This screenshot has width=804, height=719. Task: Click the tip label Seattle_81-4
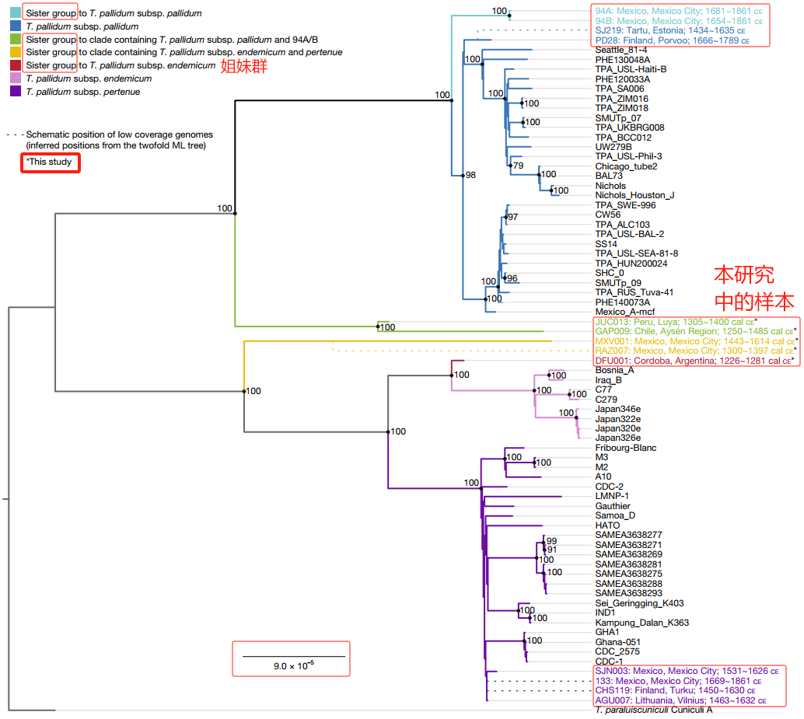(621, 50)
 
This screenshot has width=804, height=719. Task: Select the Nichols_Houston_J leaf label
(634, 195)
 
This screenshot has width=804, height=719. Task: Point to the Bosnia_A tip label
(614, 370)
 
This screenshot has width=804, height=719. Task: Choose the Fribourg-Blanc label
(626, 448)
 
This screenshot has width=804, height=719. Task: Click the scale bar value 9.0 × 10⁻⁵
(293, 665)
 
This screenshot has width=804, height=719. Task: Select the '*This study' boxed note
(49, 162)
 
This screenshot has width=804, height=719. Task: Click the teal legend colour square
(16, 14)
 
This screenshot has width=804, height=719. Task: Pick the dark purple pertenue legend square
(16, 92)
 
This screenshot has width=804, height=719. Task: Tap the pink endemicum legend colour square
(16, 79)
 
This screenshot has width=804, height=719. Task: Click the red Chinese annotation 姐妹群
(244, 67)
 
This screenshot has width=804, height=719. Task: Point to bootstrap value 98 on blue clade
(470, 176)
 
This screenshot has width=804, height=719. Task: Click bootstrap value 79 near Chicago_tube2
(519, 166)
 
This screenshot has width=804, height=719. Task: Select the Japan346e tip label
(618, 409)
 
